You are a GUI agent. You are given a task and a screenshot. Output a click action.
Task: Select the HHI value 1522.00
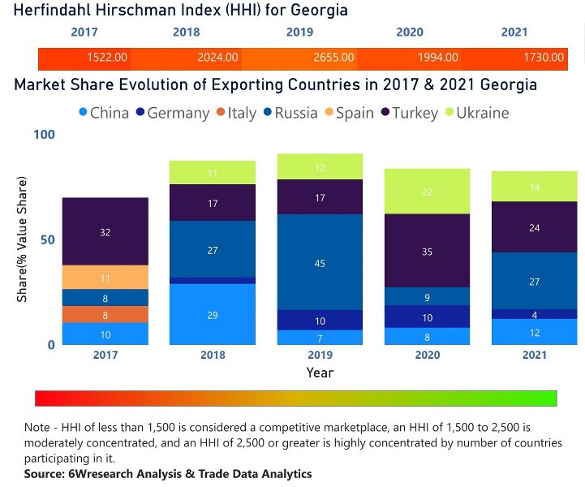107,58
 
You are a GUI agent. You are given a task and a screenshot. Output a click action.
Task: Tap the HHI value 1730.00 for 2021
544,58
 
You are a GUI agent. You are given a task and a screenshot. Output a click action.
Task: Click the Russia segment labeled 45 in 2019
320,262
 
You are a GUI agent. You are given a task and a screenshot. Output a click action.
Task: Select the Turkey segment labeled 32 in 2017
105,232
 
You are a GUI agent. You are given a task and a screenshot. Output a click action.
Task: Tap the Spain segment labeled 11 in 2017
105,278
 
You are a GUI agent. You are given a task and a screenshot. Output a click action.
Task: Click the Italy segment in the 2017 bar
105,314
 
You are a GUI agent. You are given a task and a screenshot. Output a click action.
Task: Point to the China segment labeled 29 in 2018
213,314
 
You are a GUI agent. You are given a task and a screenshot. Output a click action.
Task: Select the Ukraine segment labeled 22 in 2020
427,192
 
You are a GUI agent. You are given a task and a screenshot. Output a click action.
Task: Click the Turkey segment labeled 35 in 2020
427,251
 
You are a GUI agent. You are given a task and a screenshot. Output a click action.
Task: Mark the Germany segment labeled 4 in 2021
534,314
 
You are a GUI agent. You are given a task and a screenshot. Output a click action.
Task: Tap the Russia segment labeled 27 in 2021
534,281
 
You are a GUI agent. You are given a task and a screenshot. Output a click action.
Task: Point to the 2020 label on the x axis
427,355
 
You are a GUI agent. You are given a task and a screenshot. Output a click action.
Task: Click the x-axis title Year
320,373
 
